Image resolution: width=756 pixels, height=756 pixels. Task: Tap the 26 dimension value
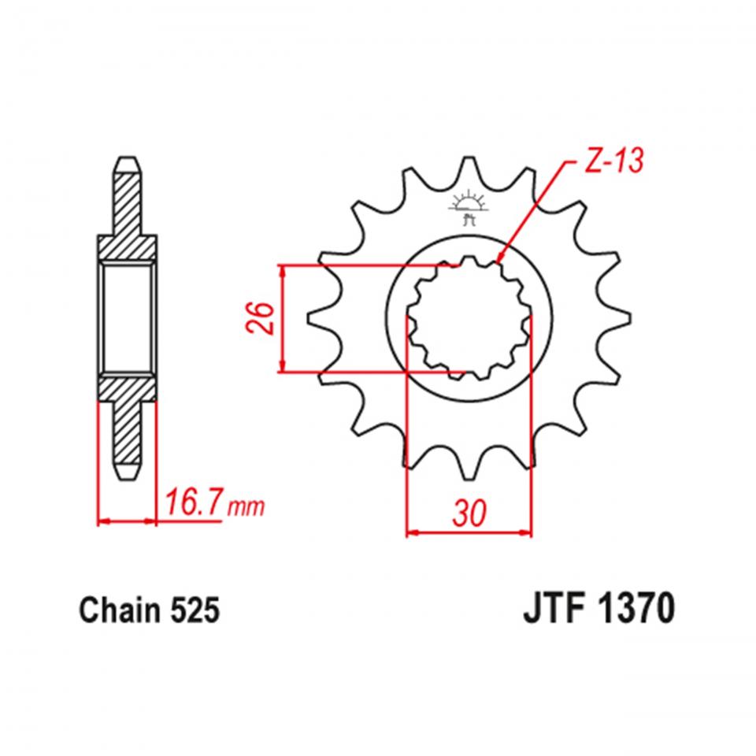coord(265,317)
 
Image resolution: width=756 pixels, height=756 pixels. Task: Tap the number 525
coord(191,610)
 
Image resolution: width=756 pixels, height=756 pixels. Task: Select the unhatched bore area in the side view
coord(128,317)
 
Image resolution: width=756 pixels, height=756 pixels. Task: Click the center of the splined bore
coord(466,317)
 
